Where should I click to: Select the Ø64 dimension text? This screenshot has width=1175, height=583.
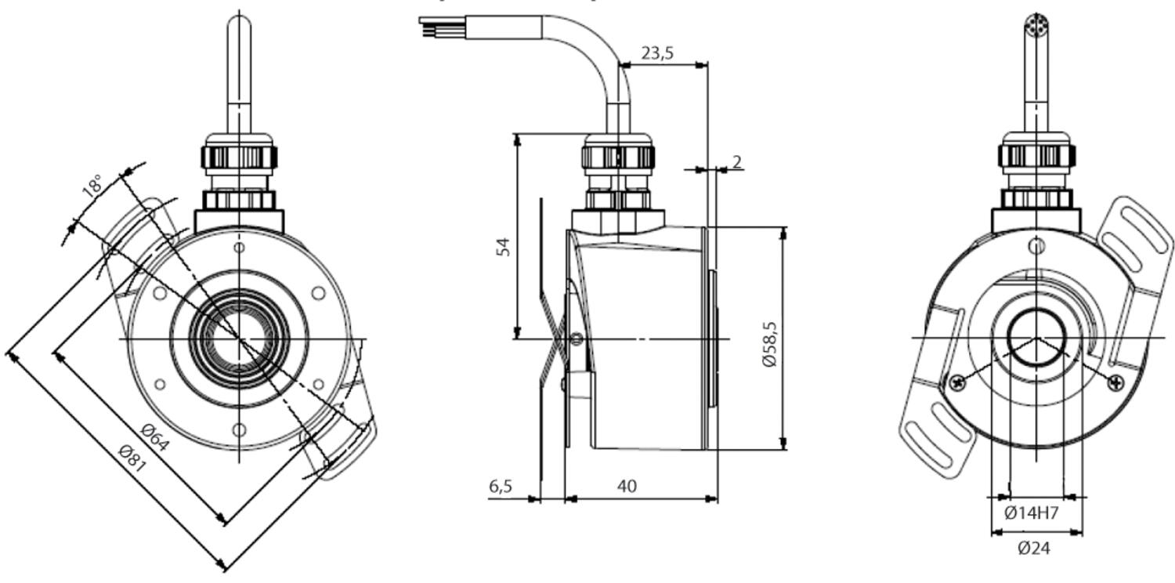pos(155,436)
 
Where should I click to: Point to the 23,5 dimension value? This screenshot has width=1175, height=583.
pos(657,53)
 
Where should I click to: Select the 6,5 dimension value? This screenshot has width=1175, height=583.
pos(501,486)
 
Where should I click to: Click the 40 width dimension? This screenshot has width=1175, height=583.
pos(627,486)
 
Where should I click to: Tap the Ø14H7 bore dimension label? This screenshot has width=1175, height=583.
pos(1032,513)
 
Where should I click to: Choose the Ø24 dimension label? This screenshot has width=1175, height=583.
pos(1033,549)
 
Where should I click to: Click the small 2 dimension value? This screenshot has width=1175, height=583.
pos(736,161)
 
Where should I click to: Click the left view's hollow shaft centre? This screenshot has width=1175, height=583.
pos(239,339)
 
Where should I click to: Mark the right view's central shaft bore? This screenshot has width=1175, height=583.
pos(1036,338)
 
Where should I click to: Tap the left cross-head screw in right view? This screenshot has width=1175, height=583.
pos(956,382)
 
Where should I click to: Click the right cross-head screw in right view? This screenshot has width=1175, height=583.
pos(1115,382)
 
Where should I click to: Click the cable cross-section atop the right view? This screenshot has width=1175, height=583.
pos(1036,24)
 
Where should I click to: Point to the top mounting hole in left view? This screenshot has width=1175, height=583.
pos(240,248)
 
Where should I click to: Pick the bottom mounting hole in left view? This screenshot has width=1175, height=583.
pos(240,429)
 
